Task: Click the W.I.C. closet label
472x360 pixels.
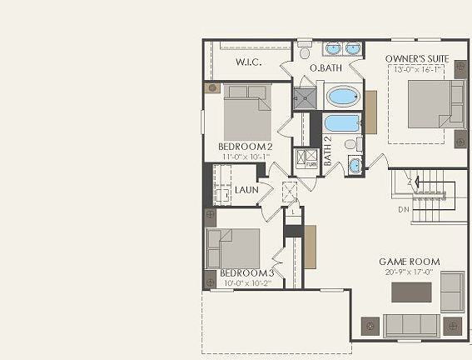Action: point(250,62)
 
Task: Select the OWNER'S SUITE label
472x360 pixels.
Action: point(417,59)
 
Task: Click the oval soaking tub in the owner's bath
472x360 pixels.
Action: point(341,97)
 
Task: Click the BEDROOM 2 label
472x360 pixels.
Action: point(246,147)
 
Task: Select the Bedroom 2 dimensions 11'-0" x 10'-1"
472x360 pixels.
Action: point(246,157)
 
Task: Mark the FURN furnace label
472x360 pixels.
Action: point(311,164)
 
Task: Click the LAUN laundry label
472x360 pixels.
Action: point(246,190)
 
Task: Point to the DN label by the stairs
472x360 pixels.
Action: point(404,209)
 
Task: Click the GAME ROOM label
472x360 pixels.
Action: point(409,262)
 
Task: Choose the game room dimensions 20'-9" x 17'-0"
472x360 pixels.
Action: point(409,272)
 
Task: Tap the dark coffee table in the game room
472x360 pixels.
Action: point(412,292)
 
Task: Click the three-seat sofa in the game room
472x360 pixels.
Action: point(410,325)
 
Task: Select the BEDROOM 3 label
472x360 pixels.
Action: point(246,273)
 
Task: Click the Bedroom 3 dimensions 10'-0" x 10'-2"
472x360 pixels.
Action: point(246,282)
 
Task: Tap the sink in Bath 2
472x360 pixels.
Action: point(355,165)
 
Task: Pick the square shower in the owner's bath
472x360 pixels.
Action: point(305,97)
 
